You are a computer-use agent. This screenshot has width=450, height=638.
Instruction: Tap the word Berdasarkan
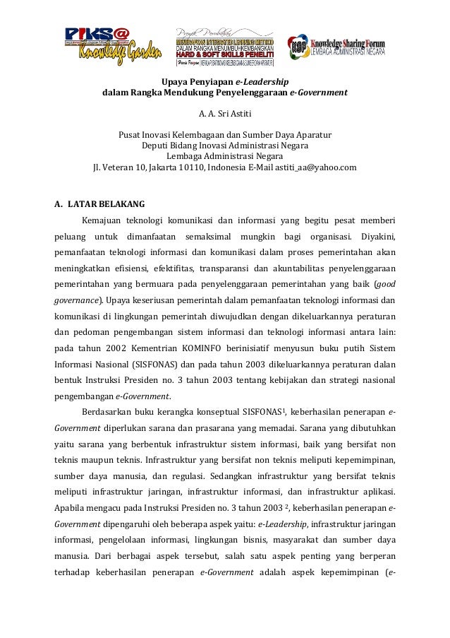106,412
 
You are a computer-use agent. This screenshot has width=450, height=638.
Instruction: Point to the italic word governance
76,300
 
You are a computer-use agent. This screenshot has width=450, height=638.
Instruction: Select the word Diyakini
377,235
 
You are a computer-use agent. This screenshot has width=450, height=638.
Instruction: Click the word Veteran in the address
118,167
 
